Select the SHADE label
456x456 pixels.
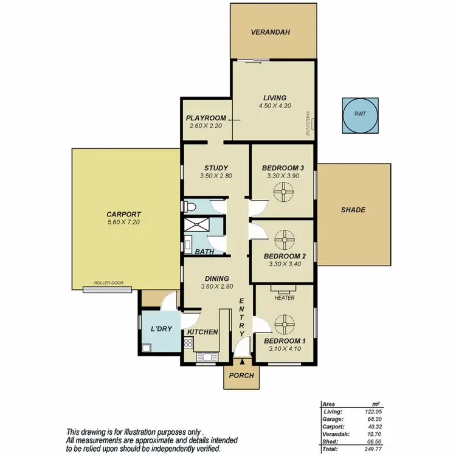(x=353, y=210)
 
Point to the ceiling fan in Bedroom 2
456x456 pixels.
(x=283, y=239)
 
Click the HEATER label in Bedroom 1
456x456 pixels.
(x=285, y=298)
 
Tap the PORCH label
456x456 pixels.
(x=241, y=375)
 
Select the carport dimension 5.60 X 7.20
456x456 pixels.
(x=123, y=223)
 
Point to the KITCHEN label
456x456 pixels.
(x=202, y=332)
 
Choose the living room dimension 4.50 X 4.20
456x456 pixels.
(x=274, y=106)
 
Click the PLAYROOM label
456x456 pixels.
(x=206, y=118)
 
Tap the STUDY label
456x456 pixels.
(x=216, y=168)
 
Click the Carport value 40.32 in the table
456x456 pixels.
(x=373, y=426)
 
